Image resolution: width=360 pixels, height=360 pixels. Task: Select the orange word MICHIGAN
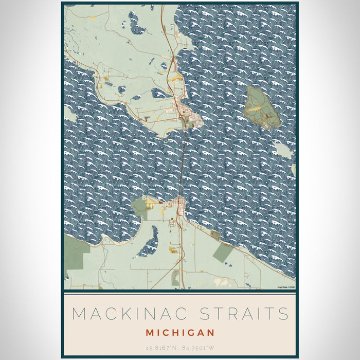tap(180, 333)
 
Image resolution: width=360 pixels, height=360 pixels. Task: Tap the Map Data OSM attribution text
tap(286, 287)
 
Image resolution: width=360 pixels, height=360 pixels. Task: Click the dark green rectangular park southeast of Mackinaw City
tap(222, 252)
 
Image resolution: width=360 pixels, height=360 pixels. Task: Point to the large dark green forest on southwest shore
tap(76, 253)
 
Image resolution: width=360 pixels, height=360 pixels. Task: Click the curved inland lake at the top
tap(137, 23)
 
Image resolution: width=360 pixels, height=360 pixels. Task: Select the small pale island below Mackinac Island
tap(283, 150)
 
